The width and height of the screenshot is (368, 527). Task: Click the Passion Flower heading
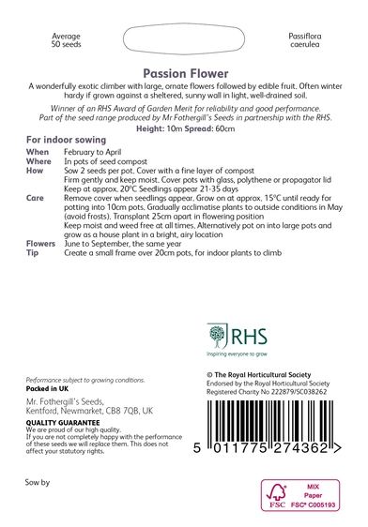[x=184, y=71]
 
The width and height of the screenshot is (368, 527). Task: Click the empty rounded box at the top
[x=184, y=41]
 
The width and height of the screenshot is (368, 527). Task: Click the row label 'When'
[x=38, y=151]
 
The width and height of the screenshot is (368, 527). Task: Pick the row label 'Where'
[x=39, y=161]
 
